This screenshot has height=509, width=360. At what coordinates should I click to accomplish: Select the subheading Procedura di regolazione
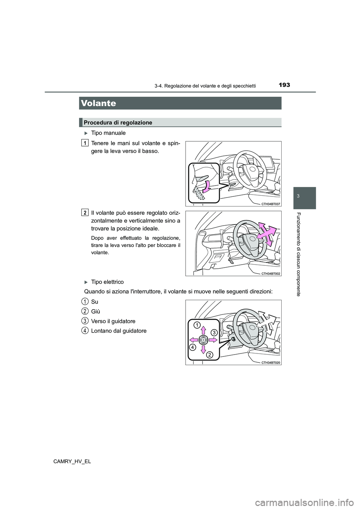click(x=118, y=123)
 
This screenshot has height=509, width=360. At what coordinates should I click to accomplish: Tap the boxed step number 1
click(x=85, y=142)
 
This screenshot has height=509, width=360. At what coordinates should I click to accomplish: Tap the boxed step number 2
click(x=85, y=213)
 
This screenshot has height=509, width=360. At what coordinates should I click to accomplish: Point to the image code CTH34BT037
click(x=271, y=204)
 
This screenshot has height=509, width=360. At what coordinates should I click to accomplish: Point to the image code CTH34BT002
click(x=271, y=274)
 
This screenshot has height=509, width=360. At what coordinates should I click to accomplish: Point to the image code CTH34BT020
click(x=271, y=362)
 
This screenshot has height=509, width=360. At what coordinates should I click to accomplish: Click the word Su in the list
click(x=94, y=302)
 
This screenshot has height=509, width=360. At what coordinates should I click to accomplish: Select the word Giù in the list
click(x=95, y=311)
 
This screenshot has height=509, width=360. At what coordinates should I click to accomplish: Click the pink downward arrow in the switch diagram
click(x=203, y=350)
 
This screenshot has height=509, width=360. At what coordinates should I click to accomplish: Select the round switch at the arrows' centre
click(x=203, y=340)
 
